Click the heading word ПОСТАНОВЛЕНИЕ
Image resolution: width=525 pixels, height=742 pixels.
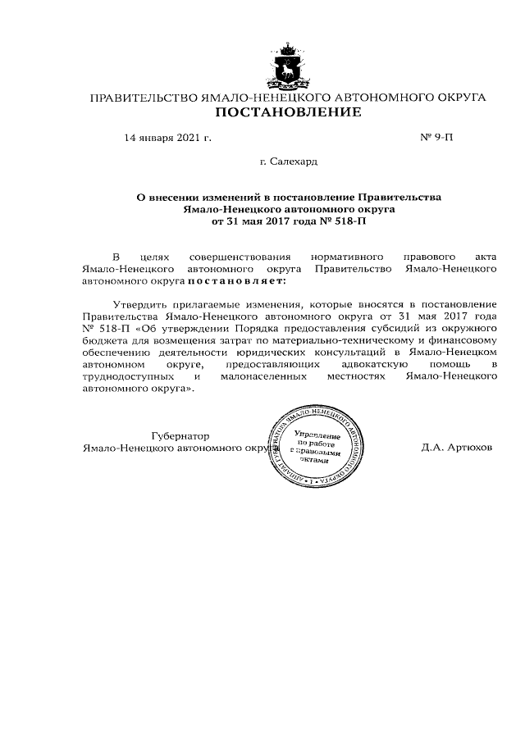(288, 112)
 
